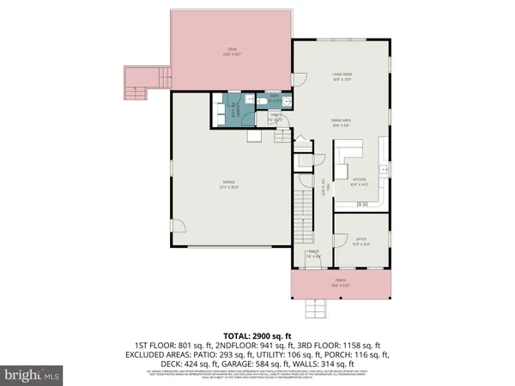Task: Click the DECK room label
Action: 231,50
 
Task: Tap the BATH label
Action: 274,96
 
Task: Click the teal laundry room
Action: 229,110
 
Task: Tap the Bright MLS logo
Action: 32,376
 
